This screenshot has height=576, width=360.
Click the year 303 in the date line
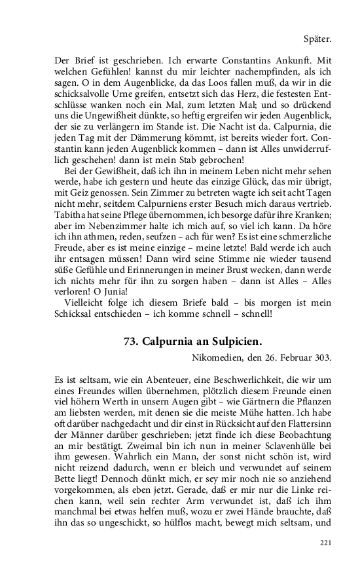322,357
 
